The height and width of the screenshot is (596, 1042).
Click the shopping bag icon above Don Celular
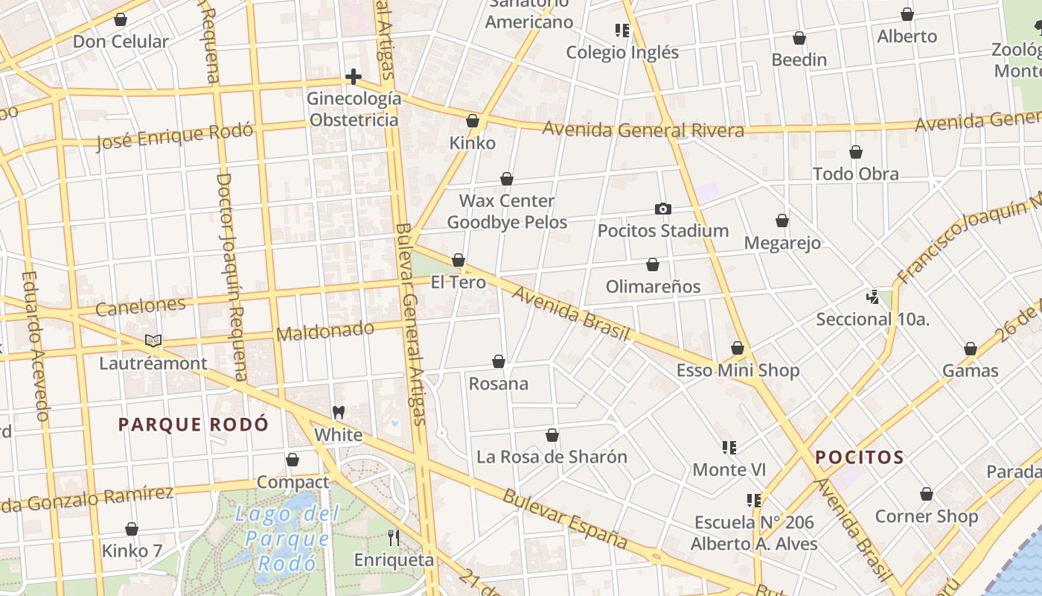[121, 19]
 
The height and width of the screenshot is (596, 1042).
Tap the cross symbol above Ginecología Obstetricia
[354, 77]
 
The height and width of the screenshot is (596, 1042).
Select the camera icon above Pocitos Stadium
[662, 209]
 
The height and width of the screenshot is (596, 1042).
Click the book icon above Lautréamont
[153, 341]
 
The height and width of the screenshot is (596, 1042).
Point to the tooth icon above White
[339, 412]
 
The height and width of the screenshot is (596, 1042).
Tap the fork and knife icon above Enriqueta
[394, 537]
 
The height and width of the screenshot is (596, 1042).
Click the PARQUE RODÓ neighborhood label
[194, 425]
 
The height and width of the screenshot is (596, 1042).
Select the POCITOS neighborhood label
[860, 457]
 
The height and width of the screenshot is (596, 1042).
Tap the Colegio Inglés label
[622, 52]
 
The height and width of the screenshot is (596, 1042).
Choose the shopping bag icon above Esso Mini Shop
[738, 348]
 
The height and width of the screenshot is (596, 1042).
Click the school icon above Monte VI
[729, 448]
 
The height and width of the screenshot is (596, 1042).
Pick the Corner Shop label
[927, 516]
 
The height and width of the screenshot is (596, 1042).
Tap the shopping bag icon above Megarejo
[782, 221]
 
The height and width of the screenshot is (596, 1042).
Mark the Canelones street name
[141, 305]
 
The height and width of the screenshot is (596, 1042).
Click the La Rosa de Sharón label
[552, 457]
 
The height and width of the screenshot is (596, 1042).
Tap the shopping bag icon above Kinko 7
[132, 529]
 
